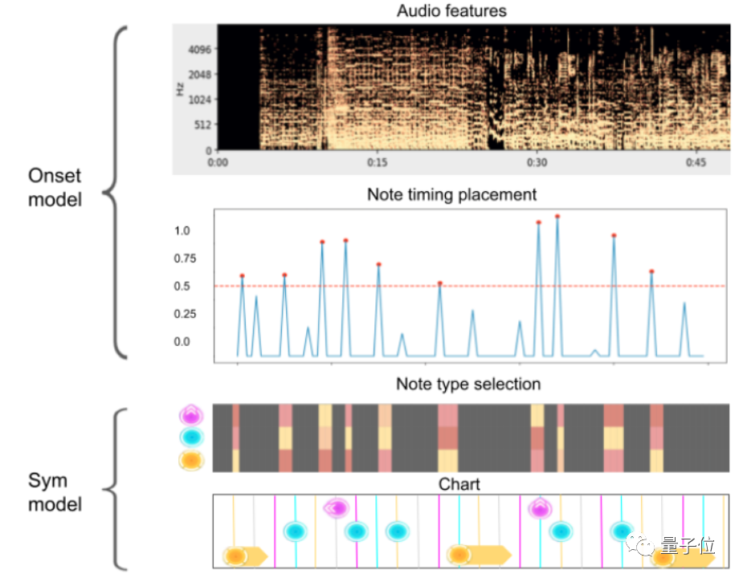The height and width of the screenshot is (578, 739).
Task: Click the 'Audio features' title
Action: (451, 11)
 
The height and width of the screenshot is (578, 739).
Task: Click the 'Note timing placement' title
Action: (451, 195)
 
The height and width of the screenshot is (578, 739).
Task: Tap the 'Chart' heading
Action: (459, 484)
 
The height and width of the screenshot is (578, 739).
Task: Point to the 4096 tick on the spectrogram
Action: (198, 49)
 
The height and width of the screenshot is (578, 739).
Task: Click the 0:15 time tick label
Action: (377, 163)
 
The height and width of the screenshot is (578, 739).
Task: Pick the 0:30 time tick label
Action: (537, 163)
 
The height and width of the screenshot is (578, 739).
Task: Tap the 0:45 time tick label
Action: (696, 163)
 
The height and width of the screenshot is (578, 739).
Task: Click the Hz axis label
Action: (182, 88)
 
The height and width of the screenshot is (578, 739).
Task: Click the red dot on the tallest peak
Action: (557, 216)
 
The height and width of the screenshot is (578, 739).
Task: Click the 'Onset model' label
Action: (55, 187)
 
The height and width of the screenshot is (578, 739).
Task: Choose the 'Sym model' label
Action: (55, 493)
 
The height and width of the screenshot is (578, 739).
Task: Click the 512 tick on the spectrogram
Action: (201, 124)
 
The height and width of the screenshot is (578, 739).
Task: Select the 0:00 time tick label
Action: (218, 163)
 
